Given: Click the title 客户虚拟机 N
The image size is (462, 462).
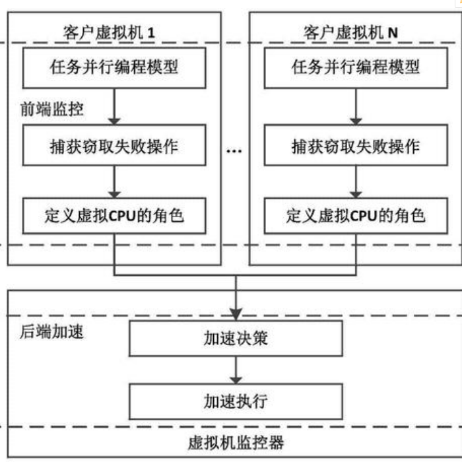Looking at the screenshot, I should point(355,31).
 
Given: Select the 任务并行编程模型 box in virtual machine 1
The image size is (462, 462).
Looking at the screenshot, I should point(114,68).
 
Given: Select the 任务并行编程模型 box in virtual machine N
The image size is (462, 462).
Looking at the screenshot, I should point(356,68).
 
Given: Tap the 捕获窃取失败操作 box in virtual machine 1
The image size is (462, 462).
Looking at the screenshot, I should point(114,146).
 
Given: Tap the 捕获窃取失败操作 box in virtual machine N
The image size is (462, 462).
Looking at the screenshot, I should point(356,146).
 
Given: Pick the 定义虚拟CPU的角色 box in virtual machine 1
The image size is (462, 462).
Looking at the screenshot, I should point(114,215).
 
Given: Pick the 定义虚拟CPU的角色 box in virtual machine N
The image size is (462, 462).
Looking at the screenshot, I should point(356,215).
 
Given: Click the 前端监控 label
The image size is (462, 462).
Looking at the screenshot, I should point(51,110).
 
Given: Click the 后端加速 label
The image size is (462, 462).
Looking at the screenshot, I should point(51,332).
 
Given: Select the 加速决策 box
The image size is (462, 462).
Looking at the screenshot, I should point(235,339).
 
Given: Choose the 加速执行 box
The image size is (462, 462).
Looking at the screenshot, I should point(235,401).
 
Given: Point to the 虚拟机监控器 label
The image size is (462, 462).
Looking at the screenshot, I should point(235,442).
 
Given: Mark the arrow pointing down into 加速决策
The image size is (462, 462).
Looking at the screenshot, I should point(235,304).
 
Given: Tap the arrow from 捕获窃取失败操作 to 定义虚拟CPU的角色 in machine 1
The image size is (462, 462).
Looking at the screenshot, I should point(114,181).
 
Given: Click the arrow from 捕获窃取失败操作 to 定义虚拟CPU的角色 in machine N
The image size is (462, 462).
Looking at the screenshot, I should point(356,181).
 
